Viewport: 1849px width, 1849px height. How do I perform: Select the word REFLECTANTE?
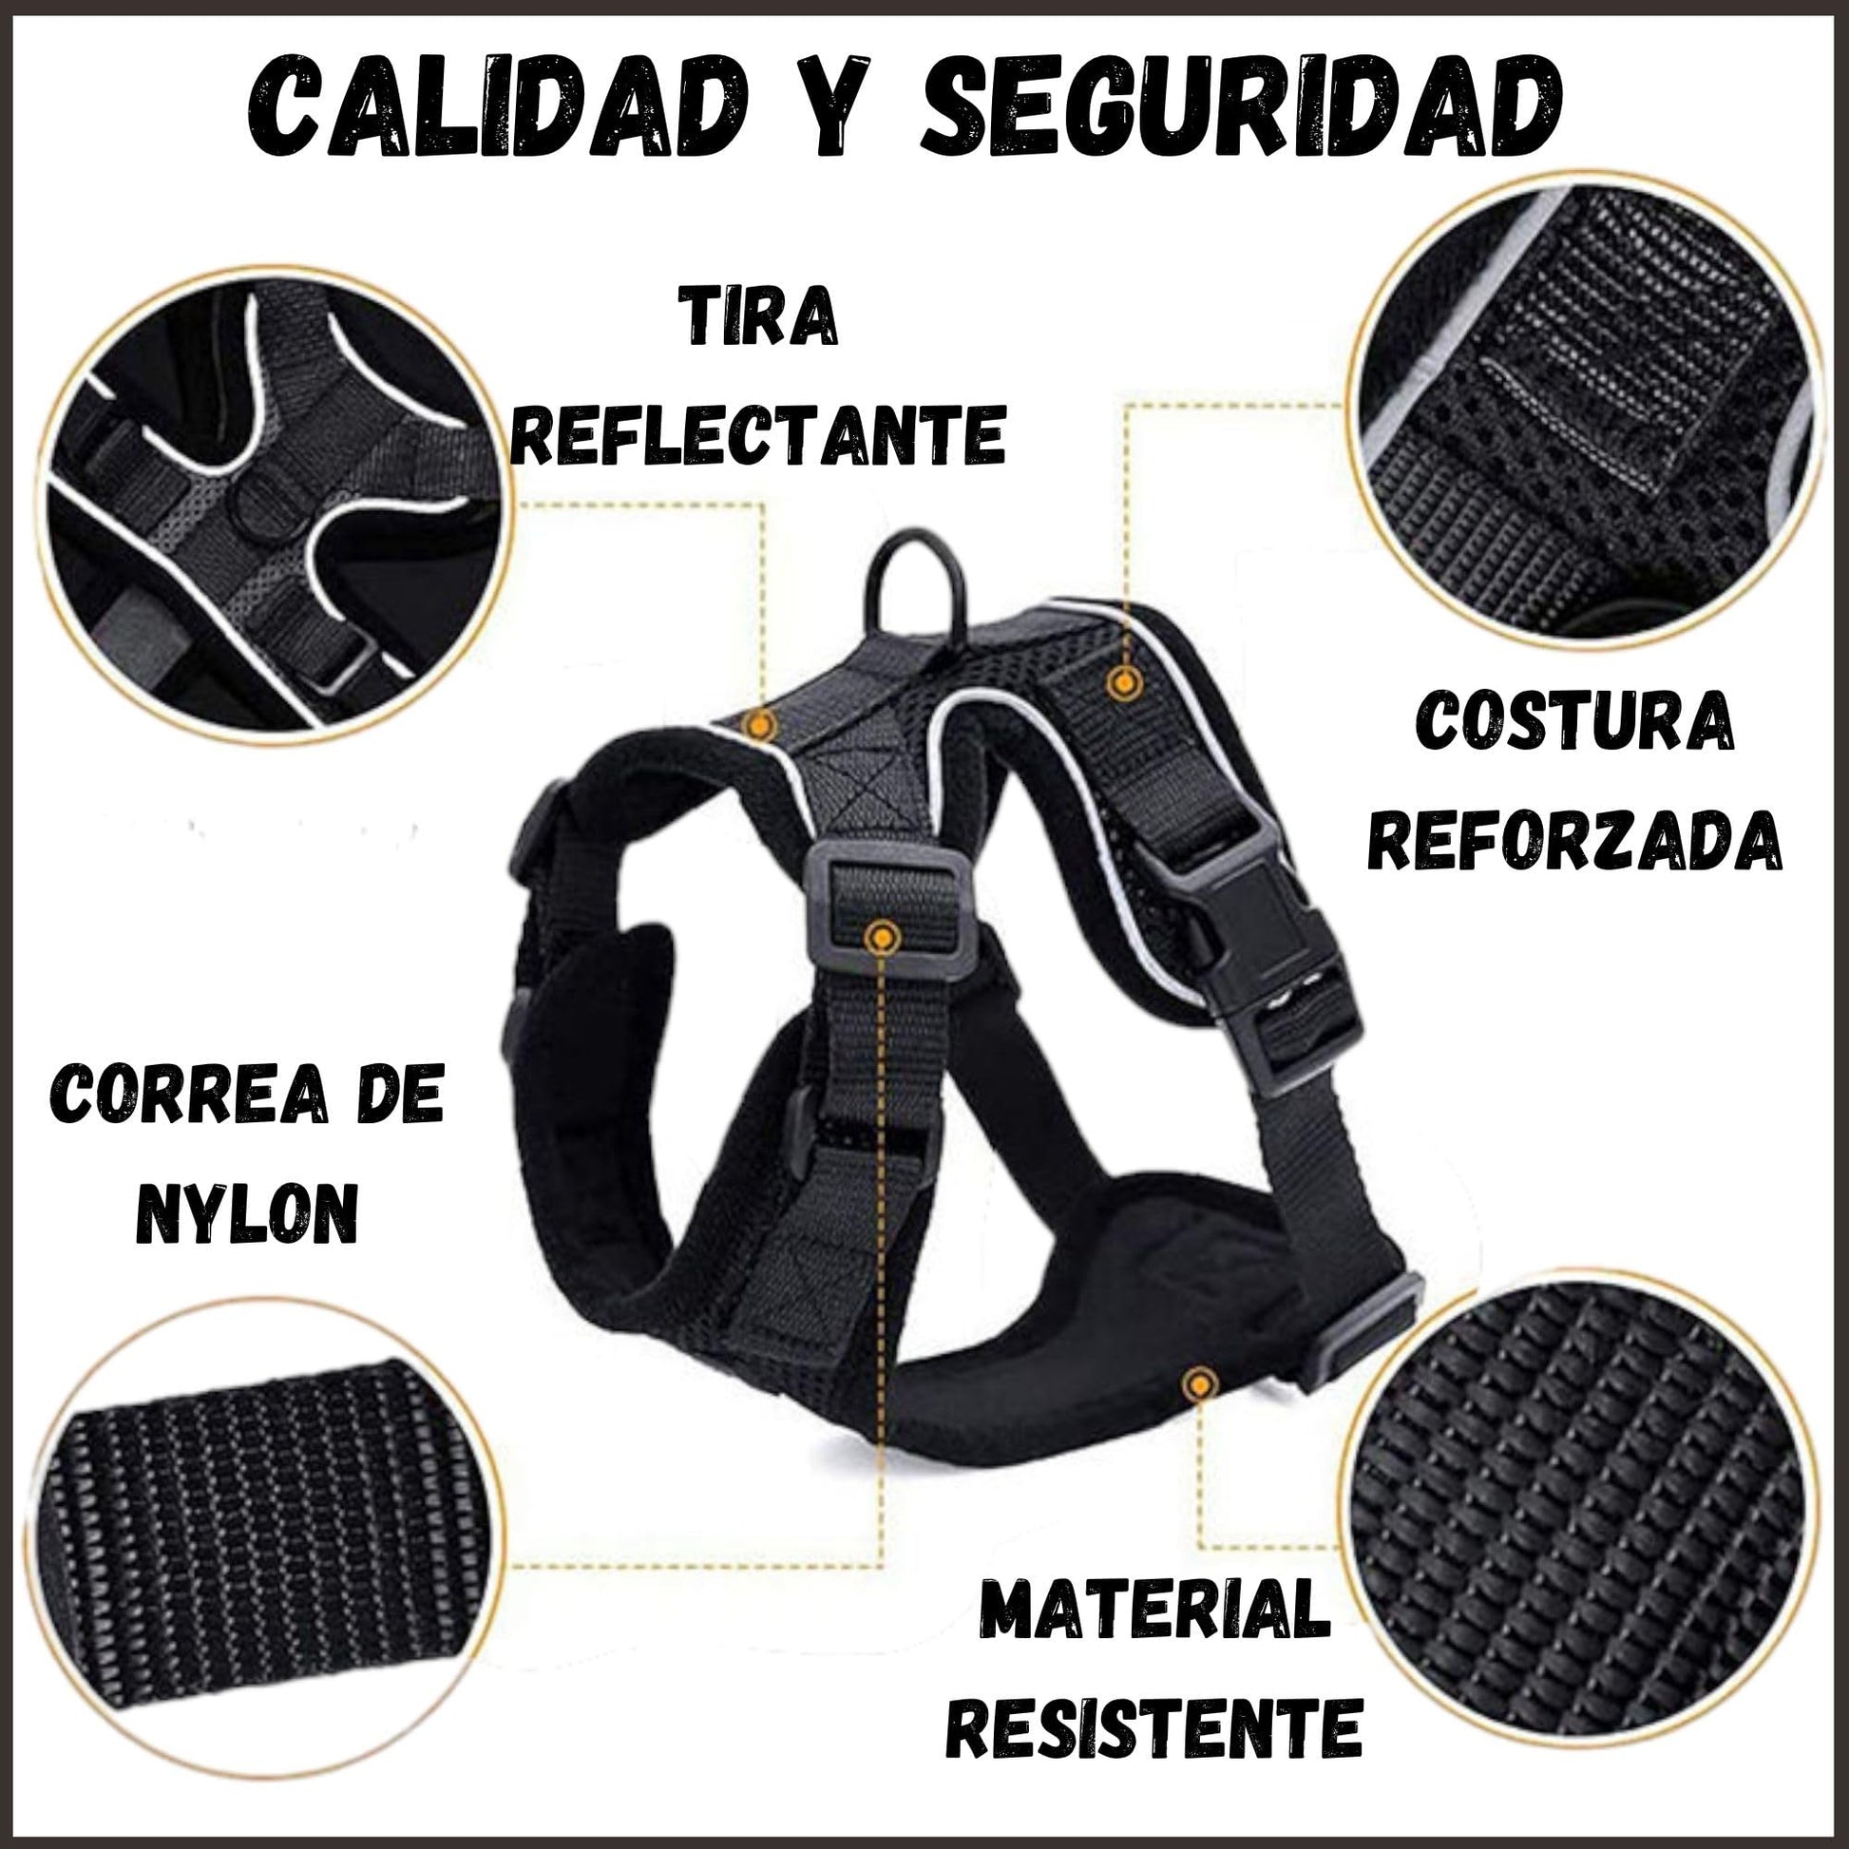pos(758,432)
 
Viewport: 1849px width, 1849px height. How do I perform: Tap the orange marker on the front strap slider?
pos(882,938)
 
